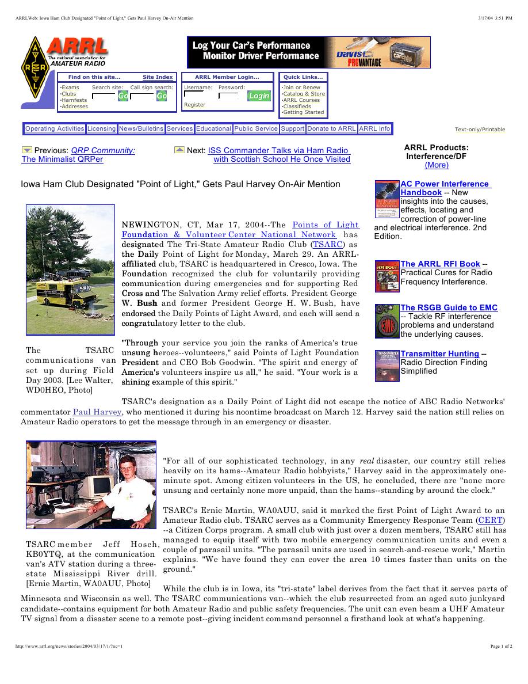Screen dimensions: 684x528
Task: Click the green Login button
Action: (259, 96)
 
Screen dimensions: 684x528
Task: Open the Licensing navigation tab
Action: (101, 129)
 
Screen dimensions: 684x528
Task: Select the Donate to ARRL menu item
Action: (331, 129)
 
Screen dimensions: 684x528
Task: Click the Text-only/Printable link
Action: (480, 130)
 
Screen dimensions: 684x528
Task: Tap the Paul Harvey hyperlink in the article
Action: (97, 412)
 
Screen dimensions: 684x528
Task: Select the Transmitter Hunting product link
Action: (439, 354)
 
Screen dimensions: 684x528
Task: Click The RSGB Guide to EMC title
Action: (449, 307)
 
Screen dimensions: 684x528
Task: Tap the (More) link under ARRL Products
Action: (436, 165)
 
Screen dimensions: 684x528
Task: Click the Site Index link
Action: (158, 77)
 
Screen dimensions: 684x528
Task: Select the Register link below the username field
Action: (194, 105)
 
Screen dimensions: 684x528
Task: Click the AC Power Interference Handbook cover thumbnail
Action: (387, 199)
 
